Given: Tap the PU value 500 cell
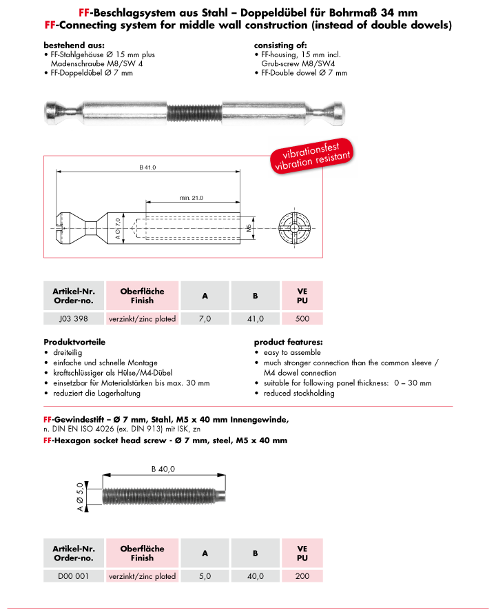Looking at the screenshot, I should coord(302,319).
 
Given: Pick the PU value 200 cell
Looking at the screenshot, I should coord(302,576).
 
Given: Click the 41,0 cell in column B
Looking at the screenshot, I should coord(255,319).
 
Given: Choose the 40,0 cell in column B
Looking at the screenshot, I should coord(255,576).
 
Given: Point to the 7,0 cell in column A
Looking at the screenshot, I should coord(205,319).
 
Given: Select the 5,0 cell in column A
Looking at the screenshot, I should coord(205,576).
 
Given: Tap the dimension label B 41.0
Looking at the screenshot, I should coord(148,167).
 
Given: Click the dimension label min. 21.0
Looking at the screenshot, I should coord(192,198).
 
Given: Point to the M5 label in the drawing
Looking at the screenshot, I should coord(249,228).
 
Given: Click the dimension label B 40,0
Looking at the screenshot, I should coord(163,469).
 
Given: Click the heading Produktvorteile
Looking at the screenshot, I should coord(72,342).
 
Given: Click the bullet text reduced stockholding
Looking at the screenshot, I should coord(299,393).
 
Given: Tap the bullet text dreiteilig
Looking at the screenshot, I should coord(69,352).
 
